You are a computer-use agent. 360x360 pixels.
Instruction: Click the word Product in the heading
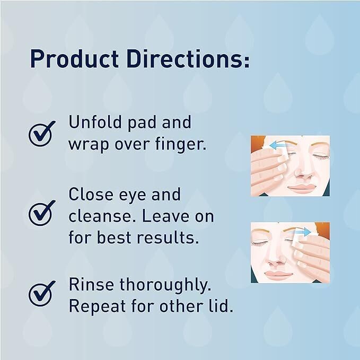[74, 58]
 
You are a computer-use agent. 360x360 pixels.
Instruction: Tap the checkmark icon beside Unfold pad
[42, 134]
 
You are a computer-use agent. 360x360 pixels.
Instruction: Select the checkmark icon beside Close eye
[42, 213]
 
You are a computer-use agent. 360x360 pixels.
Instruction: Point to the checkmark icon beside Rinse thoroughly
[42, 293]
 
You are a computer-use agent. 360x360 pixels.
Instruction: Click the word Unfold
[95, 122]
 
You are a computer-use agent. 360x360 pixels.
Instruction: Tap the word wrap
[89, 145]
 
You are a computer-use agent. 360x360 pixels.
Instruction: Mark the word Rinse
[91, 284]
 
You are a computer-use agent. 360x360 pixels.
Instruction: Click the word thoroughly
[165, 285]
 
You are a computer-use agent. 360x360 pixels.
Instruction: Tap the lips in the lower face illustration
[278, 274]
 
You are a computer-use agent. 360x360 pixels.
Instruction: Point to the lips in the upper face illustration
[301, 187]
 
